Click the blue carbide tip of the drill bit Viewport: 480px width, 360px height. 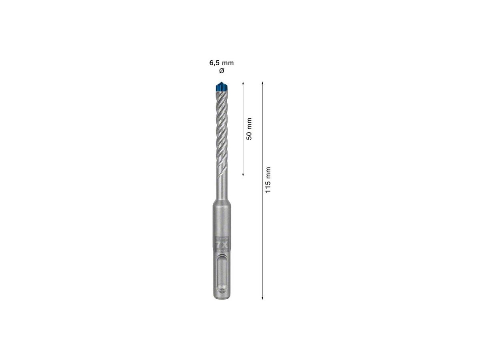[221, 87]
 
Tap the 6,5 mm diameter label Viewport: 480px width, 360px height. [221, 63]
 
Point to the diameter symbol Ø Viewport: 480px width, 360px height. [221, 71]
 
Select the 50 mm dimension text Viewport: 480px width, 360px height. [249, 129]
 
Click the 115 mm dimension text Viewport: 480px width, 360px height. [268, 180]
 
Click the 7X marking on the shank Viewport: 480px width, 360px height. [221, 244]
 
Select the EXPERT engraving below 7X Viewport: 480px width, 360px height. [221, 250]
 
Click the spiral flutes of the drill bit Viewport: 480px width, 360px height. [221, 128]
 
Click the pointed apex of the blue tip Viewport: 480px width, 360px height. [221, 82]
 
